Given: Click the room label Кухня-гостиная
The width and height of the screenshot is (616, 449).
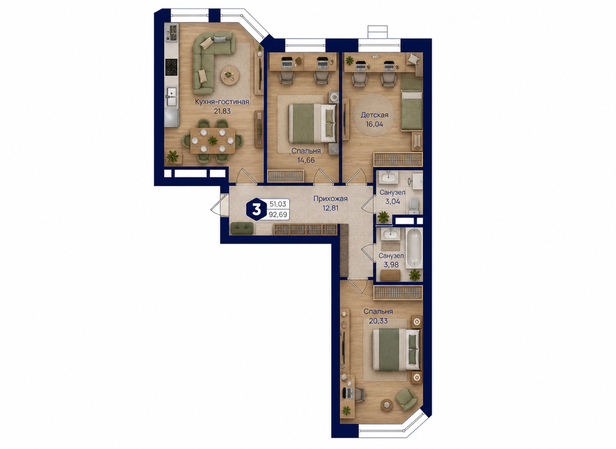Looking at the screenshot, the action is tap(222, 102).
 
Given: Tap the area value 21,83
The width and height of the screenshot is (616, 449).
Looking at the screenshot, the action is tap(222, 111).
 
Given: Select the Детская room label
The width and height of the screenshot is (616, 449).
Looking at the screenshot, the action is tap(375, 115).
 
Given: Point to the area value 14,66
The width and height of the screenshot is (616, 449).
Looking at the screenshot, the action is tap(306, 160).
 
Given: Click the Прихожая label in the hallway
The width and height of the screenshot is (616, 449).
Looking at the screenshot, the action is tap(331, 198).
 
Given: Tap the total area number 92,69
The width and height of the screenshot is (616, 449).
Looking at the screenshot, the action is tap(278, 214).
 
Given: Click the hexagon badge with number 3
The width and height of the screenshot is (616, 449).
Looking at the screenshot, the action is tap(256, 209).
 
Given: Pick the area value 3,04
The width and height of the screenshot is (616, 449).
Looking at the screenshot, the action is tap(392, 201).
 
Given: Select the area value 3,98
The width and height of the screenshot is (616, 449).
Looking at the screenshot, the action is tap(391, 265).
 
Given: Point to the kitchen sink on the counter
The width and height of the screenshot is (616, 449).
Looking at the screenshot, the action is tap(171, 96).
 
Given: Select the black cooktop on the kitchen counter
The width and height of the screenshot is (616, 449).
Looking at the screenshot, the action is tap(171, 67).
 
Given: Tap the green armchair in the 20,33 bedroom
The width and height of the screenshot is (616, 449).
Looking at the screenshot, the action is tap(406, 399).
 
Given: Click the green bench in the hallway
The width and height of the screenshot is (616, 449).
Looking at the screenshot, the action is tap(242, 229).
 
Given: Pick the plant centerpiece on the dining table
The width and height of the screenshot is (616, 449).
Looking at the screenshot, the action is tap(212, 141).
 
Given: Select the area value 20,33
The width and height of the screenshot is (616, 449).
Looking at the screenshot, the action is tap(378, 321).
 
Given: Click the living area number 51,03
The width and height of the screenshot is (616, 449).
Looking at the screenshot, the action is tap(278, 204).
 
